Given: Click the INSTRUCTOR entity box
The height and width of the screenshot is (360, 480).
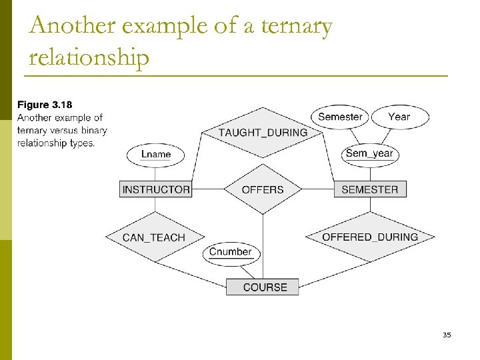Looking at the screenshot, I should point(156,189).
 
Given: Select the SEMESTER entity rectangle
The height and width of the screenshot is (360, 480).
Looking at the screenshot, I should point(369,189).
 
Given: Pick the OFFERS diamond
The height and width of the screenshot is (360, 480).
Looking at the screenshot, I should point(263,189).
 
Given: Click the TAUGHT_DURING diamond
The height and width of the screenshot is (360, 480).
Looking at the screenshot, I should point(263,132).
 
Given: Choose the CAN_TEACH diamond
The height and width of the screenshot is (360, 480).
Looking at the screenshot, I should point(154,237).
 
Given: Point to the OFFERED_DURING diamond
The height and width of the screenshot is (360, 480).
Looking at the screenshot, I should point(370,237).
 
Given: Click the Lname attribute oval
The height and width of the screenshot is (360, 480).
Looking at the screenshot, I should point(156,154).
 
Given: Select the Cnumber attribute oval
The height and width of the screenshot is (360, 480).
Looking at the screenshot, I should point(231,252).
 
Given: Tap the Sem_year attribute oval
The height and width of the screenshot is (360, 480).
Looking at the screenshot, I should point(369,153).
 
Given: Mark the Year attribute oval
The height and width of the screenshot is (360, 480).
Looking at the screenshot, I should point(399,117).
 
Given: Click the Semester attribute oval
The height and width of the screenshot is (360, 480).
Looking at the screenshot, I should point(340,117).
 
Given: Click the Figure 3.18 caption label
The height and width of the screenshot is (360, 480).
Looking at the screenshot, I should point(45,105).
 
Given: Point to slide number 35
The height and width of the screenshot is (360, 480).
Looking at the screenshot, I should point(446,335).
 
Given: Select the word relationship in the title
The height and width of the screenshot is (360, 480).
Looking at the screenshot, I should point(89,58).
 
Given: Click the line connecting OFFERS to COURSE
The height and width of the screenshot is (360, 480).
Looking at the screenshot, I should point(263,247).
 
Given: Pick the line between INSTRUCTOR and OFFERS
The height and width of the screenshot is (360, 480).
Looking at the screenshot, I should point(207,189).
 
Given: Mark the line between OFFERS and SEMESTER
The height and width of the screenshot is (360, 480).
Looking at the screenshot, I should point(317,189).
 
